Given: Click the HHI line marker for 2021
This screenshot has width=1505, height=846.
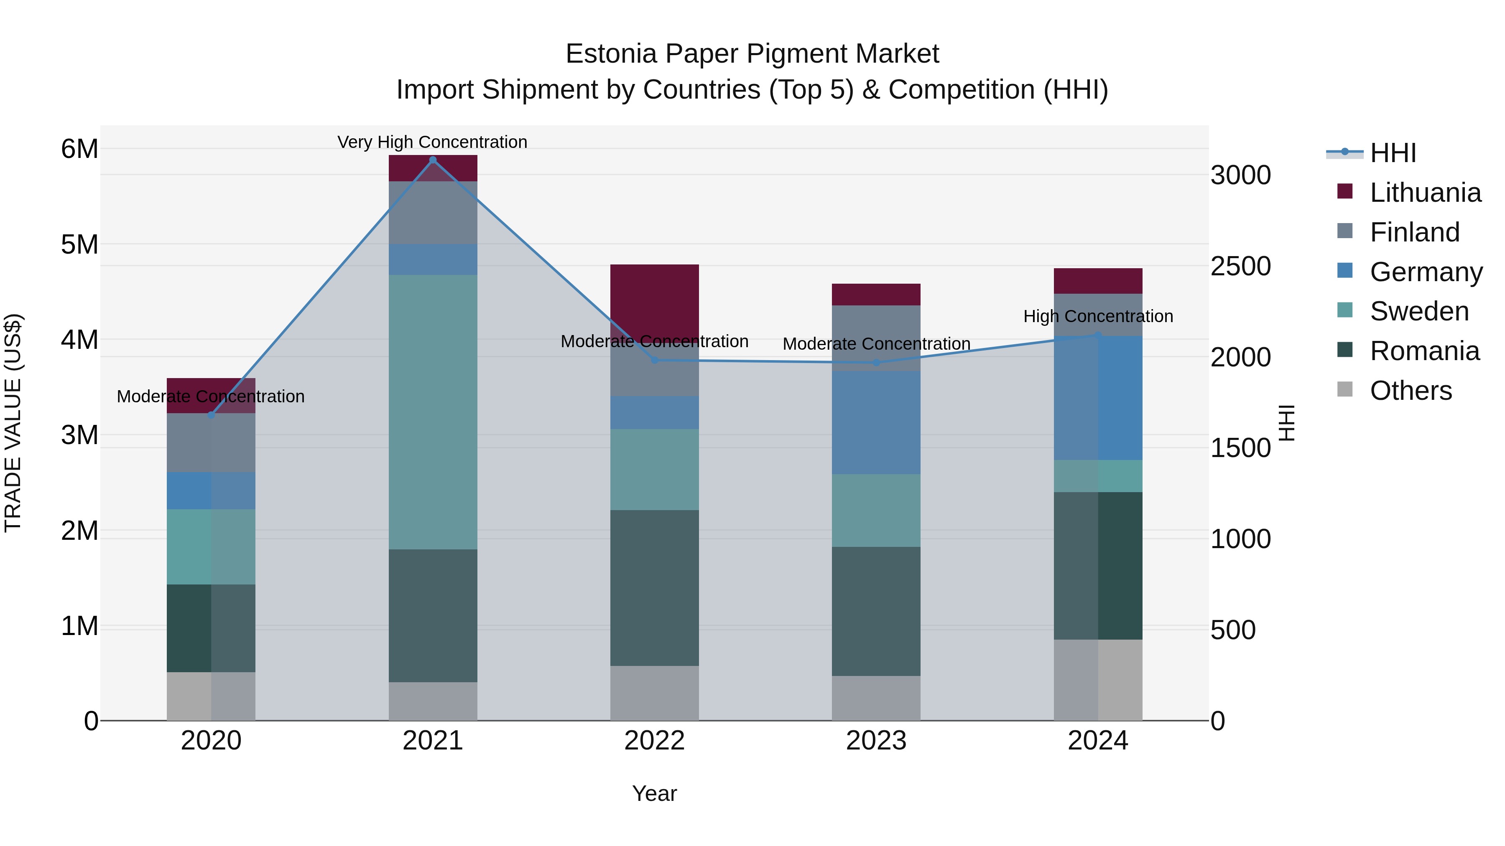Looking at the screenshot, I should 433,160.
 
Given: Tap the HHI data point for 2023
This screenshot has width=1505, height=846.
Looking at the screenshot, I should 876,363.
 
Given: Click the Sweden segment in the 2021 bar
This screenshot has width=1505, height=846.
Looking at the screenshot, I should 433,412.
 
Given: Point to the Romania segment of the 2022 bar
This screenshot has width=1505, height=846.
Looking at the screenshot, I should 654,587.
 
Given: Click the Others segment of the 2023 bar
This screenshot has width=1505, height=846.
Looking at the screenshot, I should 876,698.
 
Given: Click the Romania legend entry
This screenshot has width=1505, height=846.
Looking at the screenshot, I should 1424,351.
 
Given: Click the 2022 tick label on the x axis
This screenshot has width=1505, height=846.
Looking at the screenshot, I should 654,741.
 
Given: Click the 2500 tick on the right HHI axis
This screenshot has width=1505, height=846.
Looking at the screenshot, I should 1240,266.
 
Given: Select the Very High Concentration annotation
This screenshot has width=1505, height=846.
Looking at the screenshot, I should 432,142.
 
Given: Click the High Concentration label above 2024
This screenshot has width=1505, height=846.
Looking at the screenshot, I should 1098,316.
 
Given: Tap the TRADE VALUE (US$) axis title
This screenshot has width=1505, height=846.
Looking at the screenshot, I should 13,423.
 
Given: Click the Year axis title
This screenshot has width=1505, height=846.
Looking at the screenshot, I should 654,793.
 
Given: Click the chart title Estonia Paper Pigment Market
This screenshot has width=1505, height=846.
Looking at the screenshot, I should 752,54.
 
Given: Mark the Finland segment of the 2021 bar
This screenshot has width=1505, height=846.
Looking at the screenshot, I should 433,213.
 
